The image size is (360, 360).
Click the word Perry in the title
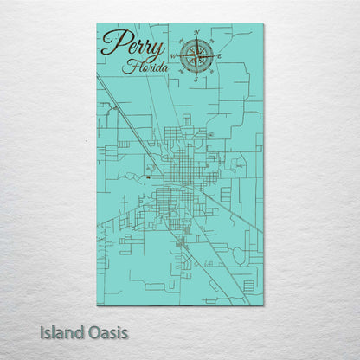pos(132,43)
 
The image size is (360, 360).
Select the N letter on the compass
pos(196,34)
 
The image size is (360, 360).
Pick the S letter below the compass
pos(197,80)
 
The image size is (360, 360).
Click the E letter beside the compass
pos(219,57)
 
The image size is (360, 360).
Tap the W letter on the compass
pos(174,58)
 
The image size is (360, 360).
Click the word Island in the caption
pos(62,331)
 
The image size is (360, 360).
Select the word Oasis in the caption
pos(107,331)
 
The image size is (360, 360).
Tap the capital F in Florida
pos(127,65)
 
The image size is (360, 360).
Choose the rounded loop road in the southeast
pos(238,255)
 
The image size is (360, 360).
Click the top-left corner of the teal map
pos(97,24)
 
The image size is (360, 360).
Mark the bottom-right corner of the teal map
pos(264,305)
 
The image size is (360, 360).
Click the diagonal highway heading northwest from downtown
pos(130,112)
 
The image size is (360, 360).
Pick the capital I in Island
pos(42,331)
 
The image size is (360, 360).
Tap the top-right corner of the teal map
pos(264,24)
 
